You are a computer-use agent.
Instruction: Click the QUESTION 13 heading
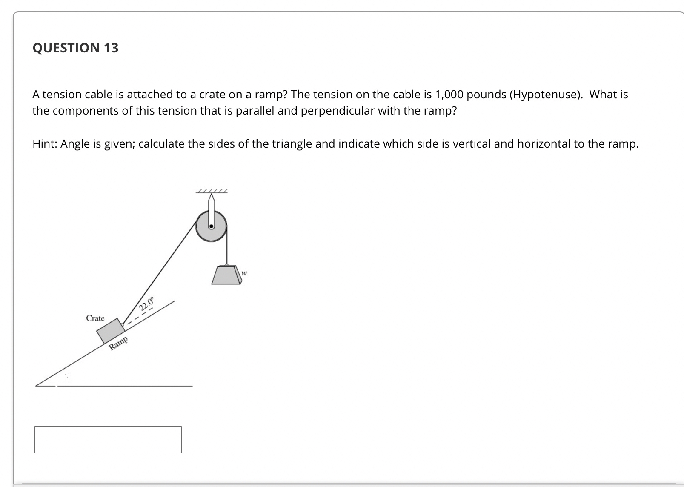(75, 48)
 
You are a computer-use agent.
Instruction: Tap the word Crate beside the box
(95, 318)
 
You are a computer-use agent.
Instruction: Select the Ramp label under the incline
(118, 343)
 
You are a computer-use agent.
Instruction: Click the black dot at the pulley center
(211, 226)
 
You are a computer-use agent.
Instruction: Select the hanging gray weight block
(227, 275)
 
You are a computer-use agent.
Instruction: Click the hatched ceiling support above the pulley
(212, 192)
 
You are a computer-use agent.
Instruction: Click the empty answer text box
(108, 440)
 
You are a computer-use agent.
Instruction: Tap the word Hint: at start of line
(45, 144)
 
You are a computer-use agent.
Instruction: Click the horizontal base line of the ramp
(123, 386)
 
